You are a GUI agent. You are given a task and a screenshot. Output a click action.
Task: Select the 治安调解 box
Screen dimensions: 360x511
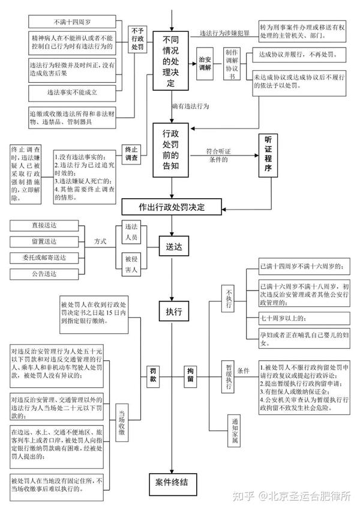tap(205, 64)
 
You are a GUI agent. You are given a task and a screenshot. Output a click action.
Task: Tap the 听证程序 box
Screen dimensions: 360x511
tap(268, 156)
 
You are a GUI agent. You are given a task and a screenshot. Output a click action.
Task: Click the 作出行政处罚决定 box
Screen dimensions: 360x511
tap(172, 207)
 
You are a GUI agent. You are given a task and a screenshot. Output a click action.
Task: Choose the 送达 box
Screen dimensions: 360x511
tap(174, 246)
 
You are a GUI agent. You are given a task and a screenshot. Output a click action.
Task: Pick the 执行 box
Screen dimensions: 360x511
tap(174, 311)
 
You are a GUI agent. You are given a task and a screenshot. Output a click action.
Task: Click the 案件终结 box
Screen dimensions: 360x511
tap(173, 484)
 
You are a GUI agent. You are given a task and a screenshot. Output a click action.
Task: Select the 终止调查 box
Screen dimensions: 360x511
tap(131, 154)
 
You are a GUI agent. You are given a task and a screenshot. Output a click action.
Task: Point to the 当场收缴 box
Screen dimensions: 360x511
tap(122, 423)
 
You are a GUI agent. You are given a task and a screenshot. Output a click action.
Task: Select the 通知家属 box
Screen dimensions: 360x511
tap(235, 431)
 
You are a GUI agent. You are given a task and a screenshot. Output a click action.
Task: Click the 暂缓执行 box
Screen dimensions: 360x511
tap(228, 376)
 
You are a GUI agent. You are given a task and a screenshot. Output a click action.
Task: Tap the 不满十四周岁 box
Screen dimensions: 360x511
tap(72, 22)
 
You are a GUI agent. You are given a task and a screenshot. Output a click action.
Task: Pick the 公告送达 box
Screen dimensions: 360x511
tap(44, 274)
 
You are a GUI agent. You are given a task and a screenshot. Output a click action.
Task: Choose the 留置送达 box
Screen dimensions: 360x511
tap(44, 241)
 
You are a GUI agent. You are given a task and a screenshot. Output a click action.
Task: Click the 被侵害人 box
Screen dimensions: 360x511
tap(131, 264)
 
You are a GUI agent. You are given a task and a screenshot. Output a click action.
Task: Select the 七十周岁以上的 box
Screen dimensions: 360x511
tap(304, 318)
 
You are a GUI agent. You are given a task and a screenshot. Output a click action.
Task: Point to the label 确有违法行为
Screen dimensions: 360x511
tap(191, 106)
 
